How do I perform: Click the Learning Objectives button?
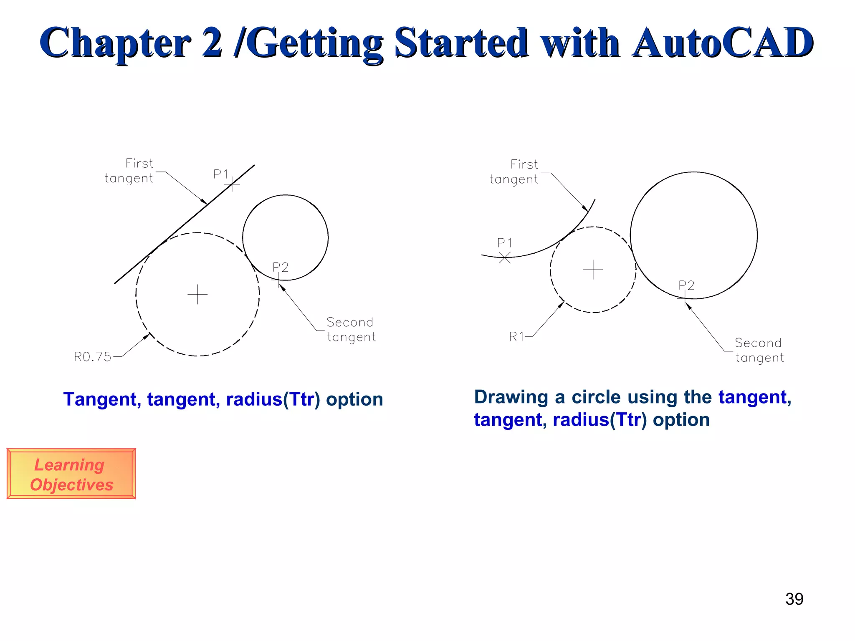pyautogui.click(x=71, y=474)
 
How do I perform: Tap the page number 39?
pyautogui.click(x=794, y=599)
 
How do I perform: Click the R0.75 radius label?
pyautogui.click(x=92, y=357)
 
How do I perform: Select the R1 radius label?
pyautogui.click(x=516, y=336)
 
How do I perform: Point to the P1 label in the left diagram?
pyautogui.click(x=221, y=174)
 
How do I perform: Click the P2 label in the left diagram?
pyautogui.click(x=281, y=267)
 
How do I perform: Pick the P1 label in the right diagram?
pyautogui.click(x=504, y=242)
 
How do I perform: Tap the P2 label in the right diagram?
pyautogui.click(x=686, y=285)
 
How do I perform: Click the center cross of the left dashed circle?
pyautogui.click(x=197, y=295)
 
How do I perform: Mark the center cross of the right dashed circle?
pyautogui.click(x=593, y=270)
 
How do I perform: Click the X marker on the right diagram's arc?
pyautogui.click(x=505, y=258)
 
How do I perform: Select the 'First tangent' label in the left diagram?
pyautogui.click(x=129, y=171)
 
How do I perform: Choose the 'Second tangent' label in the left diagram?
pyautogui.click(x=351, y=330)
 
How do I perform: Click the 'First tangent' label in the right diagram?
pyautogui.click(x=514, y=172)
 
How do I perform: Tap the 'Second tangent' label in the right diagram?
pyautogui.click(x=759, y=350)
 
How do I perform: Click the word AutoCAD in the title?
pyautogui.click(x=722, y=43)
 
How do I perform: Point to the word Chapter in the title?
pyautogui.click(x=115, y=43)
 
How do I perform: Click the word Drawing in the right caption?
pyautogui.click(x=511, y=397)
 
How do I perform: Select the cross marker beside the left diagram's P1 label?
pyautogui.click(x=232, y=184)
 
